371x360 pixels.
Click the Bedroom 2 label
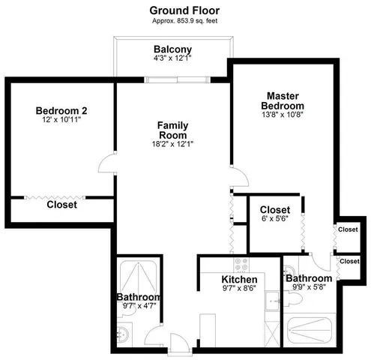pos(61,111)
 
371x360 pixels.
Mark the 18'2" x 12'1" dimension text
pos(172,144)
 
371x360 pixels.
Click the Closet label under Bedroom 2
pos(61,205)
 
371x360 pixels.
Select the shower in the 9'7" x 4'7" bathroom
pos(137,275)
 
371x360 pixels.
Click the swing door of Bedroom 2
pos(108,160)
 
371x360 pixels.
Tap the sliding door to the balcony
pos(172,77)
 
